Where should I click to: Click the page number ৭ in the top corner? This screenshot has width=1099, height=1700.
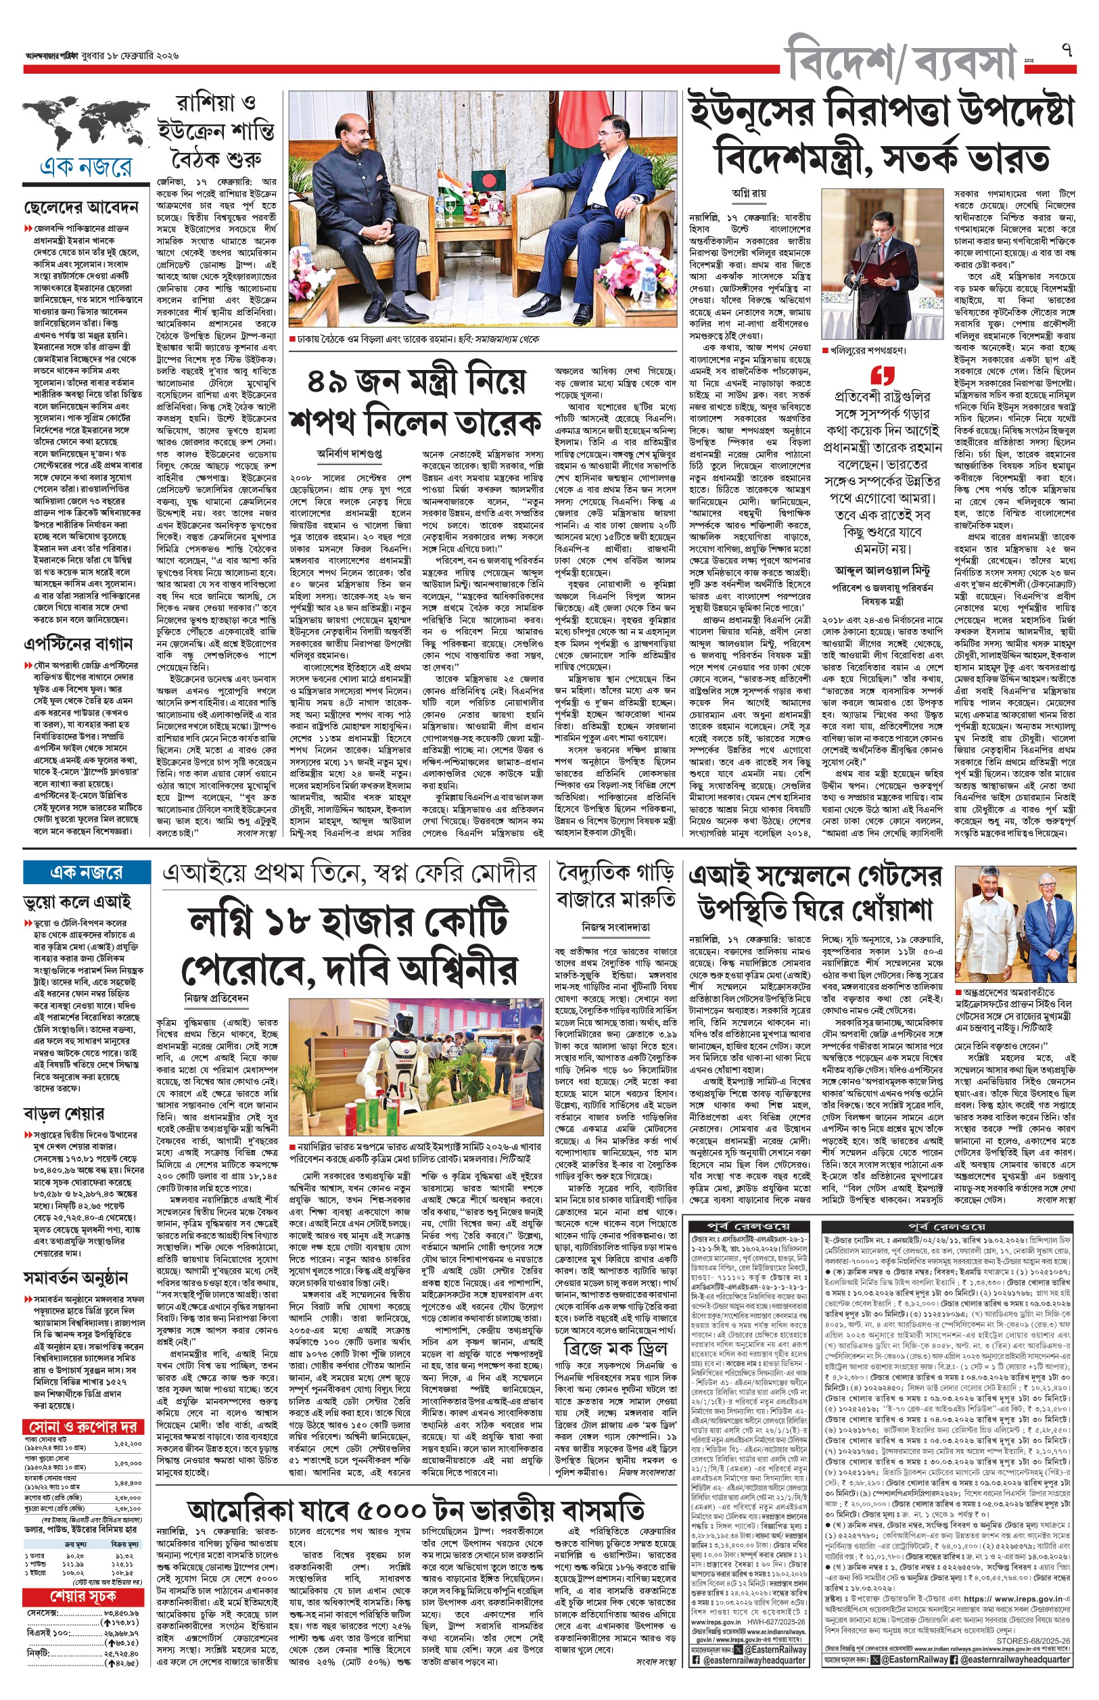[x=1066, y=51]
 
